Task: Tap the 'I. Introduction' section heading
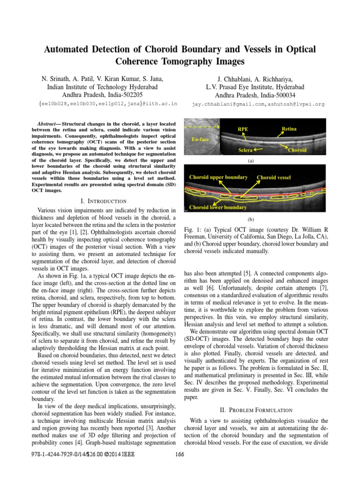[104, 201]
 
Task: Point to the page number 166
[180, 454]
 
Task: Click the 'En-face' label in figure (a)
[201, 139]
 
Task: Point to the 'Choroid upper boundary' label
[218, 177]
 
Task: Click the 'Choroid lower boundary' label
[218, 207]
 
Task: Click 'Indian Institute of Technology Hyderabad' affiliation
[102, 87]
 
